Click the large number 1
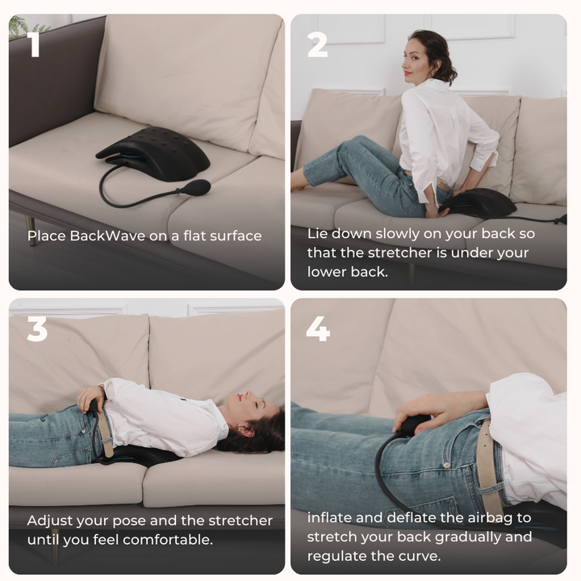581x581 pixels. click(33, 45)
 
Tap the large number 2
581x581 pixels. click(317, 45)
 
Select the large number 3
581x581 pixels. click(37, 328)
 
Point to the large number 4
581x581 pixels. click(318, 328)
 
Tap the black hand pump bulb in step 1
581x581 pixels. click(196, 187)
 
